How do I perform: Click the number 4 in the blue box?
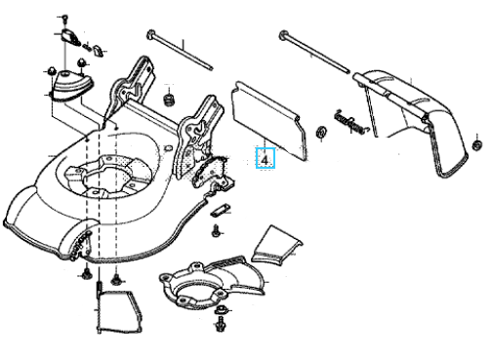coord(265,161)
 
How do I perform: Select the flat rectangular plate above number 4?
coord(268,120)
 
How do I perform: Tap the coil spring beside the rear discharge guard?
coord(349,123)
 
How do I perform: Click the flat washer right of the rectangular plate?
coord(322,132)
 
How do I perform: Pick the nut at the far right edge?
coord(476,145)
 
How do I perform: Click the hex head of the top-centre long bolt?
coord(151,34)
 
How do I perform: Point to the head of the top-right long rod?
coord(283,35)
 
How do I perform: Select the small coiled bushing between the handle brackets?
coord(168,99)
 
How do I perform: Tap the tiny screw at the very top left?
coord(64,18)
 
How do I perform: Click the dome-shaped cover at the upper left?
coord(71,85)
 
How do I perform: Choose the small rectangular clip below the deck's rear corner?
coord(220,210)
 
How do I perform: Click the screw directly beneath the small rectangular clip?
coord(216,231)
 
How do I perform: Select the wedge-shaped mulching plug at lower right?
coord(276,245)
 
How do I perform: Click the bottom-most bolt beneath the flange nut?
coord(220,325)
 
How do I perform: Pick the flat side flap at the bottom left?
coord(120,312)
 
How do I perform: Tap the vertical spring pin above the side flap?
coord(98,290)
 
